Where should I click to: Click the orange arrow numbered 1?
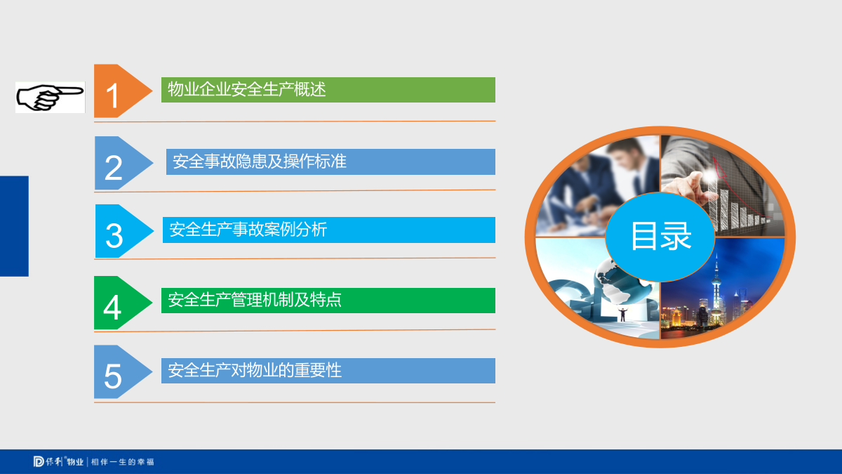(120, 91)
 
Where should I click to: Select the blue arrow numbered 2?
(121, 163)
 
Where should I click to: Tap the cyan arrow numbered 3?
(121, 231)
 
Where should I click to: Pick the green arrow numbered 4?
(120, 303)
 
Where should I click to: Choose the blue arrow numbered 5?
(120, 371)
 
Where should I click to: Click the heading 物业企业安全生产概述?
(246, 90)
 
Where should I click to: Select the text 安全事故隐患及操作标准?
(260, 162)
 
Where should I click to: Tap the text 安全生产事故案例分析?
(248, 230)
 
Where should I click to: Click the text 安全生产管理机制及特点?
(255, 300)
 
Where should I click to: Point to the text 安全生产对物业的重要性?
(255, 370)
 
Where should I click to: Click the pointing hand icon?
(50, 97)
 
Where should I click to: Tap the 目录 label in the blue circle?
(660, 236)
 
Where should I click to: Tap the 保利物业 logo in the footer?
(58, 461)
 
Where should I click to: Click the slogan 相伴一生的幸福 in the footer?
(123, 461)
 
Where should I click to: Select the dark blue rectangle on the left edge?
(14, 226)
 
